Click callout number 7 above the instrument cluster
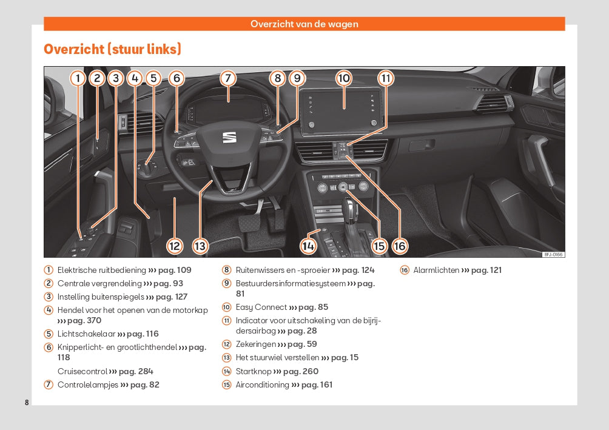coord(227,78)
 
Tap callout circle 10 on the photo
coord(344,78)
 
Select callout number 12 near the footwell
coord(175,246)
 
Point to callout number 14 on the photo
coord(308,246)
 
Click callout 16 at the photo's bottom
coord(400,246)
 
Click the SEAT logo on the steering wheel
coord(229,138)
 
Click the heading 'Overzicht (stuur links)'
coord(112,49)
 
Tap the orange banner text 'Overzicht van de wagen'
coord(304,24)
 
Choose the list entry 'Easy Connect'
coord(261,307)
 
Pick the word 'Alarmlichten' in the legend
coord(436,270)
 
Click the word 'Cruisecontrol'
coord(82,371)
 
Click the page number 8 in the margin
coord(27,403)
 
